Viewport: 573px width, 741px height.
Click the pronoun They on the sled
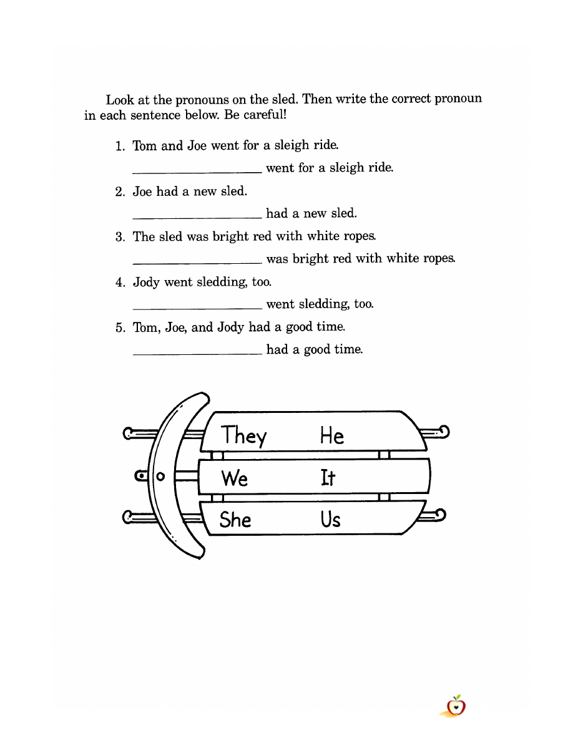(x=243, y=435)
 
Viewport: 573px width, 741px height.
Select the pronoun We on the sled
(x=234, y=478)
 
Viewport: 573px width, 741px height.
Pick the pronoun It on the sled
(x=328, y=478)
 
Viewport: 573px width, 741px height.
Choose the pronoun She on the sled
(x=235, y=519)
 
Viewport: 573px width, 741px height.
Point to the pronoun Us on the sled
(x=330, y=519)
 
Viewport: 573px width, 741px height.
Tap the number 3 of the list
(x=120, y=237)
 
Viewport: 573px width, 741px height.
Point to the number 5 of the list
(x=120, y=328)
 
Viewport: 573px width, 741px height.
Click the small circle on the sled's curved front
(x=160, y=477)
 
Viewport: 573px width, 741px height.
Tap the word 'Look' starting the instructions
(x=119, y=99)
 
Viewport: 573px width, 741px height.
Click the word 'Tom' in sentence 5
(x=145, y=327)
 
